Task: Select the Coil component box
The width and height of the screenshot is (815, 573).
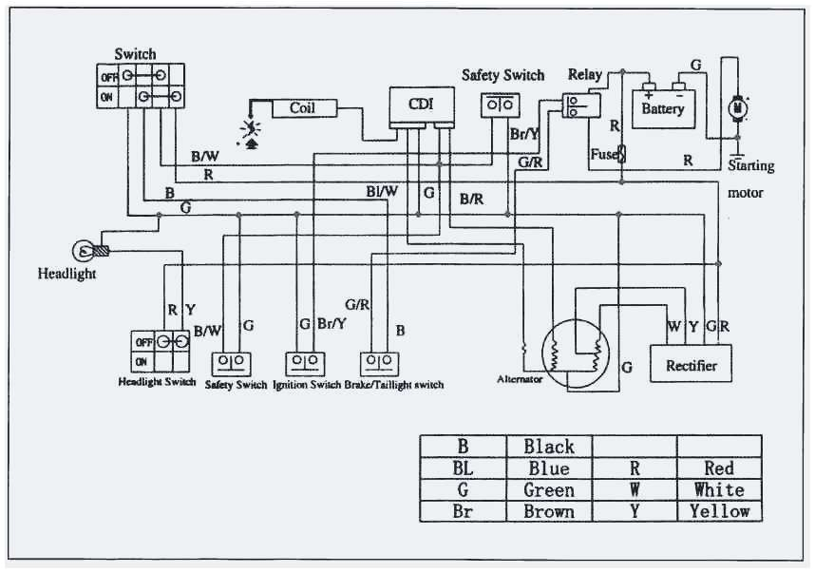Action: (x=301, y=108)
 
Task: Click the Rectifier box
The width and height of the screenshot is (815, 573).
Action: (x=691, y=365)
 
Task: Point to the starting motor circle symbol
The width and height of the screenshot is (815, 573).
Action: (x=736, y=109)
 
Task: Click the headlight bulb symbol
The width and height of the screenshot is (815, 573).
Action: (x=84, y=251)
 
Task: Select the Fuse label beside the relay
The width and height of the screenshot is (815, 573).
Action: (x=605, y=152)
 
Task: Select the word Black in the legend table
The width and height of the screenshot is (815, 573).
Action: (x=549, y=447)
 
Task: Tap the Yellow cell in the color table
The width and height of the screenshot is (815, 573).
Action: (x=719, y=511)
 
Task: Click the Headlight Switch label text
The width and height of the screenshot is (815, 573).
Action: (x=158, y=382)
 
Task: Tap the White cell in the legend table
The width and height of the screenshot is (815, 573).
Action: (x=719, y=490)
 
